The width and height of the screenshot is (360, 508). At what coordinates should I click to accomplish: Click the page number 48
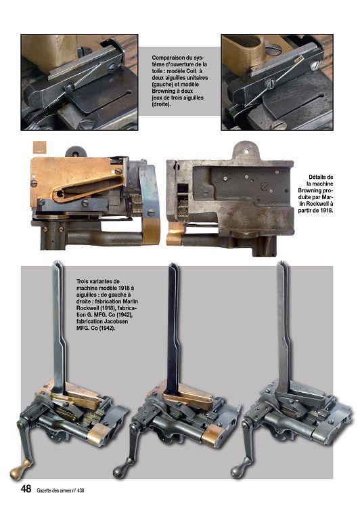26,488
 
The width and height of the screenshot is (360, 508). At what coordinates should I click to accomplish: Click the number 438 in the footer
80,490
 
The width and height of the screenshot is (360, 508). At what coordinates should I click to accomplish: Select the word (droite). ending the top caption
161,104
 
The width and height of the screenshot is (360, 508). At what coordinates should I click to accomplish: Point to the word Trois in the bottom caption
83,282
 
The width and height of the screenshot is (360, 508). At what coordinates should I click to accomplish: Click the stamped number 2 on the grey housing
265,186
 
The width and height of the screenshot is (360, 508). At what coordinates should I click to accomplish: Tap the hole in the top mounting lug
246,151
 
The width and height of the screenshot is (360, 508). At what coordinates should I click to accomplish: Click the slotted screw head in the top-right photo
315,66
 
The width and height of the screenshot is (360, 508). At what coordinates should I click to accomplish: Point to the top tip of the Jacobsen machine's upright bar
282,262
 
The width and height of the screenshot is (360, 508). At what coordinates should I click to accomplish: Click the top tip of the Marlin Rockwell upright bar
57,262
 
